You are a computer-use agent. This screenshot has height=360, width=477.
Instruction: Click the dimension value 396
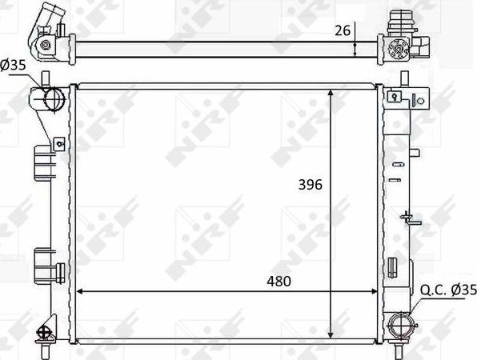(x=310, y=185)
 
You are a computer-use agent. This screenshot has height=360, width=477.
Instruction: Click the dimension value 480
(x=279, y=282)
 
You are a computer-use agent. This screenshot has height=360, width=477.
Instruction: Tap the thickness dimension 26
(x=343, y=30)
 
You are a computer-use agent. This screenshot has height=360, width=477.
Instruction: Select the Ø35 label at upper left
(x=14, y=65)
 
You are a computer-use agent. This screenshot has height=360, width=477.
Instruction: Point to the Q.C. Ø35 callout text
(x=448, y=290)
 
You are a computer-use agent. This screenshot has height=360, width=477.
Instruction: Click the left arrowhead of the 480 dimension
(x=79, y=291)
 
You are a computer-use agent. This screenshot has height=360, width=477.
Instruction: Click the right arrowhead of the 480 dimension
(x=374, y=291)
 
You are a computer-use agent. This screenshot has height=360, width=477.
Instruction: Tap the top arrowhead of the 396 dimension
(x=331, y=93)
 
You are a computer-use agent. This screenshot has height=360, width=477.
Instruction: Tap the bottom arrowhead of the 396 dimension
(x=331, y=334)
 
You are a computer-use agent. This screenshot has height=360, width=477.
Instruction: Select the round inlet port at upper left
(x=54, y=98)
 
